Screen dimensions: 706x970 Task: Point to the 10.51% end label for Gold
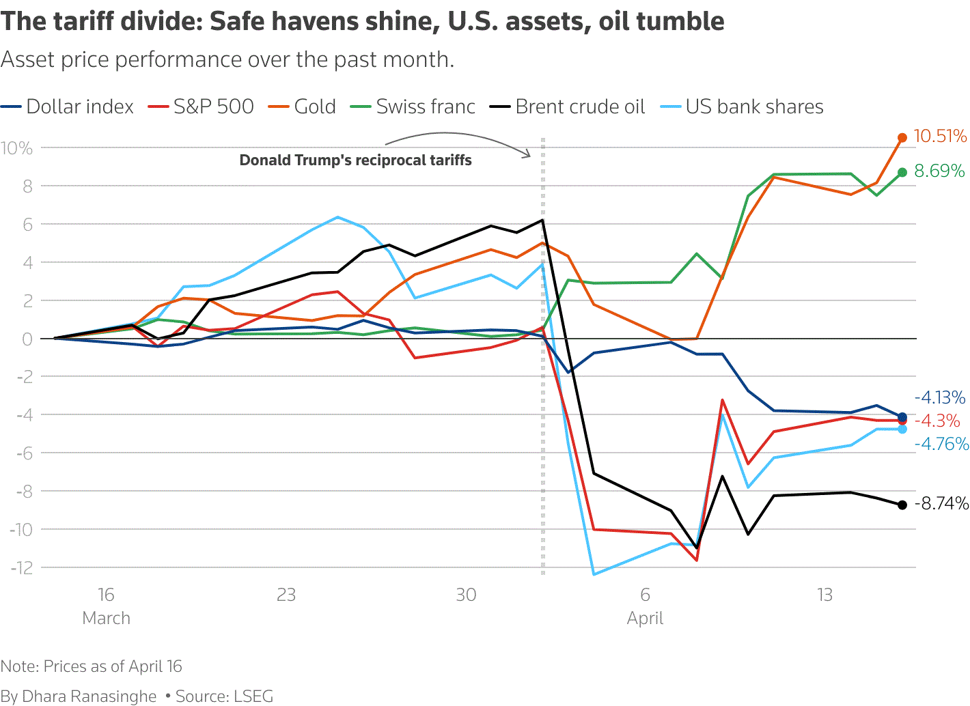point(940,137)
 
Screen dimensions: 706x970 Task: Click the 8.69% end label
point(939,171)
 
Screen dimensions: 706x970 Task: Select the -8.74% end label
point(942,504)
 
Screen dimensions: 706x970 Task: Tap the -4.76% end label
point(942,444)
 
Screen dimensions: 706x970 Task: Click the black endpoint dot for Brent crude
point(902,505)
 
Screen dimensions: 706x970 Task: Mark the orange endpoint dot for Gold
point(902,138)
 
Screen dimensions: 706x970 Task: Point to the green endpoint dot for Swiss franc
point(902,172)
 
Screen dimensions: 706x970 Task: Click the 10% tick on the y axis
point(16,148)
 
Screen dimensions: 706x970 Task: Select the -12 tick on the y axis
point(21,568)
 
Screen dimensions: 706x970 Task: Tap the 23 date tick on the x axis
point(286,595)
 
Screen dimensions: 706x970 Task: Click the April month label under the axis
point(645,619)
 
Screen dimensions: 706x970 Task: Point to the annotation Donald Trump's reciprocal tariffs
point(355,160)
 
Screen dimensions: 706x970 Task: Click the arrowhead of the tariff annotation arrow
point(528,155)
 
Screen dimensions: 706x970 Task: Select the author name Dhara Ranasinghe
point(89,696)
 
